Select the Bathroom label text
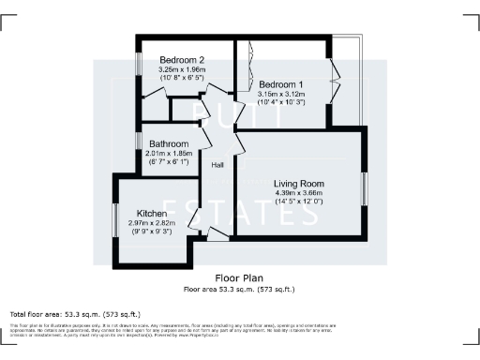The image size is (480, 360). pos(169,143)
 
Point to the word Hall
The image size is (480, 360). pos(217,165)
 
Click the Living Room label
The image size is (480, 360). pos(298,183)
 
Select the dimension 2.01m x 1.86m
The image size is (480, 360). pos(169,153)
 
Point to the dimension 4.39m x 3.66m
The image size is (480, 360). pos(298,192)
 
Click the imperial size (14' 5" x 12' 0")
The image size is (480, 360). pos(298,202)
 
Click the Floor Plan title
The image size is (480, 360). pos(239,277)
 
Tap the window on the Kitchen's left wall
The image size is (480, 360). pos(116,215)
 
